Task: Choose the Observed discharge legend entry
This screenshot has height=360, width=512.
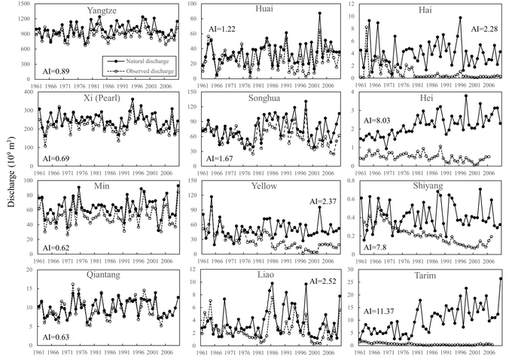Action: [136, 66]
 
